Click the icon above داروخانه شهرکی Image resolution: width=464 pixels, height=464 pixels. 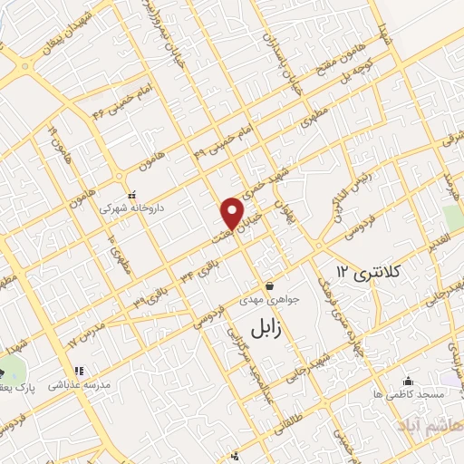(132, 194)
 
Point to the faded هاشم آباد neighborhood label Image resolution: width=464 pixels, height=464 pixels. (423, 425)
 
